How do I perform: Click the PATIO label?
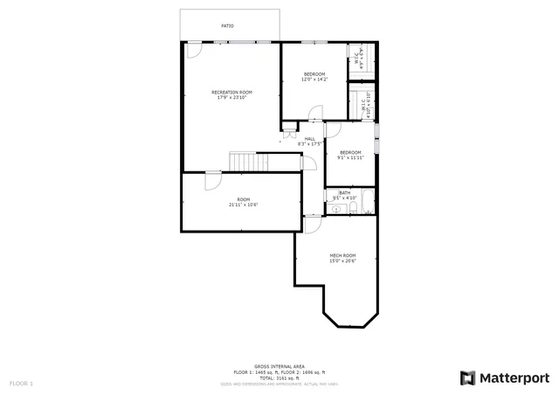point(227,25)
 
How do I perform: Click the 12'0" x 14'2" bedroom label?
point(314,80)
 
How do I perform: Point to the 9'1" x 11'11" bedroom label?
point(350,158)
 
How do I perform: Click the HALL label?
point(310,138)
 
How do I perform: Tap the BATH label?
point(345,193)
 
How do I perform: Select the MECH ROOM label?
point(342,255)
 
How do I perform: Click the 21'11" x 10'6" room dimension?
point(244,204)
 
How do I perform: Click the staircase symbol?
point(245,162)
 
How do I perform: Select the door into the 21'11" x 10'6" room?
point(213,180)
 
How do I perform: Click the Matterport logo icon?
point(468,378)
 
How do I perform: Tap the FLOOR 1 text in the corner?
point(21,384)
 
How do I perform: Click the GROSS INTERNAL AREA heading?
point(279,366)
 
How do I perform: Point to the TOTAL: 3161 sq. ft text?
point(279,378)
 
